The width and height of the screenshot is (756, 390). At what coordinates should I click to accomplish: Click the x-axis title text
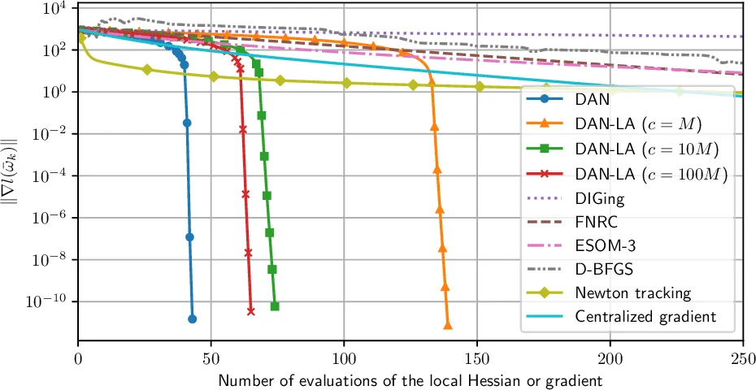pos(411,379)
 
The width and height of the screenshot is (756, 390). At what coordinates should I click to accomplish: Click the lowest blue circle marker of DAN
pos(192,319)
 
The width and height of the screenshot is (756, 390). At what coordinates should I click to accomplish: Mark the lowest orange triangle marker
pos(448,325)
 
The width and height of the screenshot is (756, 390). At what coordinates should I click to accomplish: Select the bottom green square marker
pos(275,306)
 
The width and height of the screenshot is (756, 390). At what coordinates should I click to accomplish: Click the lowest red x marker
pos(250,311)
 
